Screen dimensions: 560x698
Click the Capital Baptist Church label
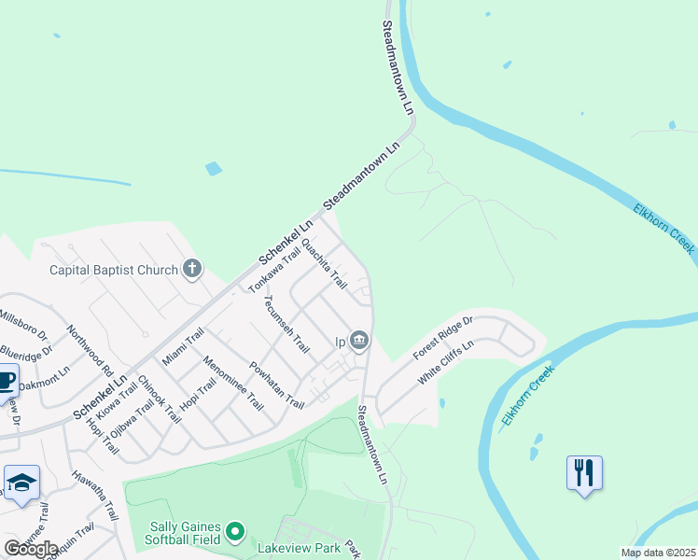(113, 271)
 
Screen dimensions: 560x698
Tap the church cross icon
(192, 271)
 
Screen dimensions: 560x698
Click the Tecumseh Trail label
(286, 324)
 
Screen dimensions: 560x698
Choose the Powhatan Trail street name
(276, 385)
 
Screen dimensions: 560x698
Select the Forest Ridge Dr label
(443, 337)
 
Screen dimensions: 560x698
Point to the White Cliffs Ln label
(446, 361)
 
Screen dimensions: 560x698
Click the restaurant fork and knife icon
(584, 472)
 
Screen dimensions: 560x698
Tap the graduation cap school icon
(21, 483)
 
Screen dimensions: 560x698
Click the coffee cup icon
(6, 382)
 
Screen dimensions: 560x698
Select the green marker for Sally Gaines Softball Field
(234, 533)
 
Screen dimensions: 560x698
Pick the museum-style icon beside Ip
(359, 341)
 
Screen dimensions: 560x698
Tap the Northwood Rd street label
(90, 348)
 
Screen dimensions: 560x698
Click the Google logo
(31, 548)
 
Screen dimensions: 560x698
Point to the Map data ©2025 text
(657, 553)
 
